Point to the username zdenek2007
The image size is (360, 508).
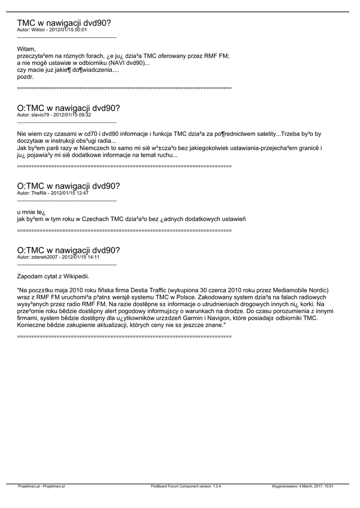tap(45, 257)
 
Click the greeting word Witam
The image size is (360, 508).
tap(26, 49)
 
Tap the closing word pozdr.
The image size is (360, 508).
tap(25, 77)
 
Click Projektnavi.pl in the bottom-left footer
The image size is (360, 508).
tap(28, 486)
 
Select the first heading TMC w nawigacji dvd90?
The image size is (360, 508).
tap(64, 23)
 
